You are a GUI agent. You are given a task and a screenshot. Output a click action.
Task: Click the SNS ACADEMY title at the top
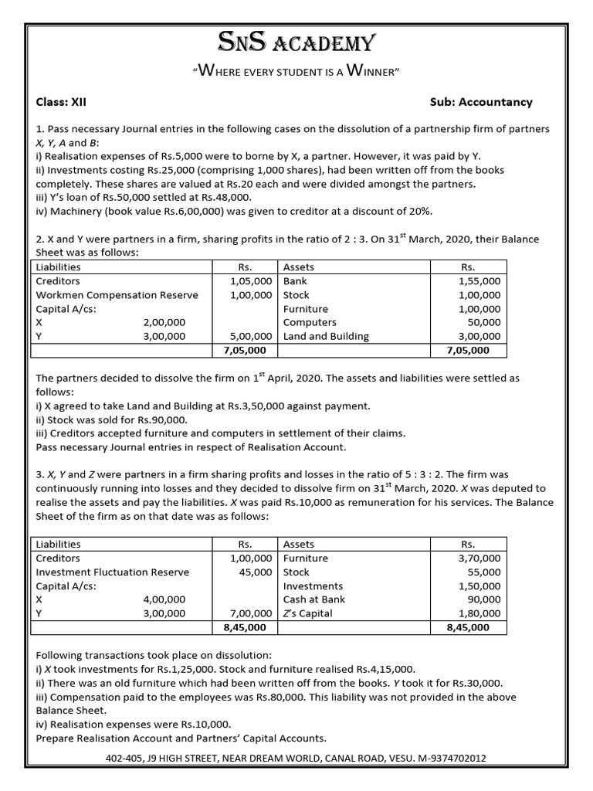coord(296,42)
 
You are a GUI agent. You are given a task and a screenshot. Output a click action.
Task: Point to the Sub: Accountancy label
coord(481,102)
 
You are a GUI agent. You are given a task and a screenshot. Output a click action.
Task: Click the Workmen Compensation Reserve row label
coord(117,295)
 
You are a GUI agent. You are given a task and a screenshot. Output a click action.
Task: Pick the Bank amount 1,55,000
coord(479,281)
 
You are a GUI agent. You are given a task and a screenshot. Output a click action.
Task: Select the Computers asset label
coord(310,322)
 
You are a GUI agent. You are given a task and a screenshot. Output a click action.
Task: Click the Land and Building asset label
coord(326,336)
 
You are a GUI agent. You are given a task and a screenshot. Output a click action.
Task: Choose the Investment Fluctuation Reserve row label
coord(113,572)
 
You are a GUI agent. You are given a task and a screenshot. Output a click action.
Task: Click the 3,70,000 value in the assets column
coord(479,558)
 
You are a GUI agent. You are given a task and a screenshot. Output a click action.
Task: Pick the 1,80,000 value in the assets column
coord(479,613)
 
